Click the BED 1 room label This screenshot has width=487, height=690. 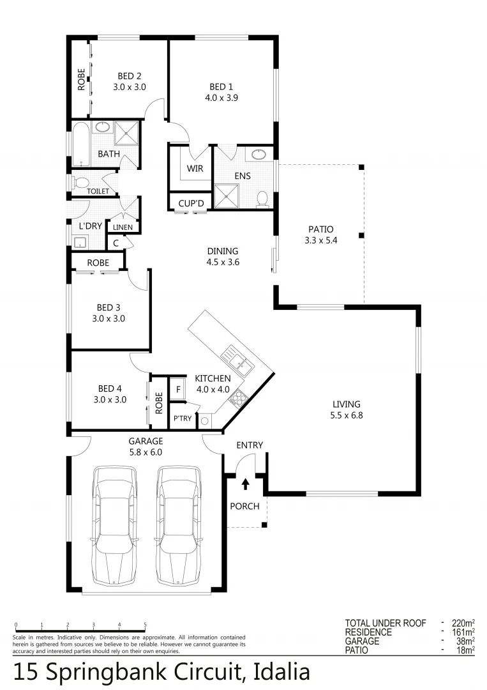tap(218, 87)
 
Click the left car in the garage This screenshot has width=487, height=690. tap(114, 525)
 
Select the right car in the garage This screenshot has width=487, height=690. tap(179, 525)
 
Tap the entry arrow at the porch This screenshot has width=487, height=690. tap(245, 484)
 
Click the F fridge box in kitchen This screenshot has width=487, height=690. tap(178, 388)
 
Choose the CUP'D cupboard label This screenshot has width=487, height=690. tap(190, 203)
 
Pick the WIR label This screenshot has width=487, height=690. tap(195, 169)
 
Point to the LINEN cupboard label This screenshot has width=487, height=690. tap(123, 227)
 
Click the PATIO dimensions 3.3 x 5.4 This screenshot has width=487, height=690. tap(320, 241)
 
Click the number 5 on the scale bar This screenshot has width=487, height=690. tap(145, 624)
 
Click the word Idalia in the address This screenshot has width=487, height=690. tap(281, 672)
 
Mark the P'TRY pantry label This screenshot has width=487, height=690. tap(182, 418)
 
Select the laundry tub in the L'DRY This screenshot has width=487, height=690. tap(80, 242)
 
